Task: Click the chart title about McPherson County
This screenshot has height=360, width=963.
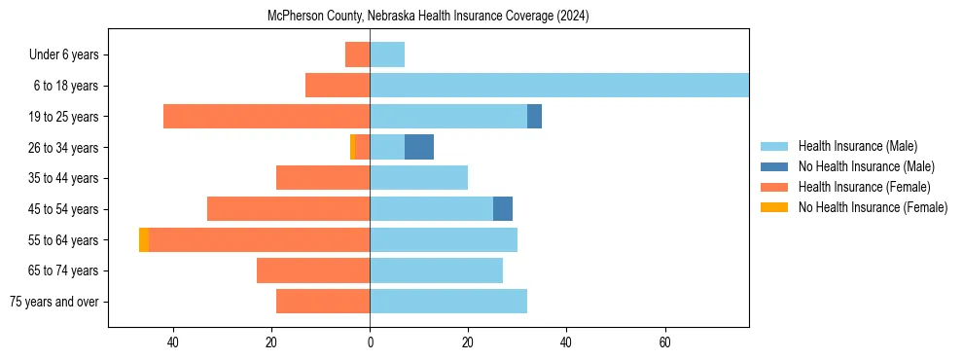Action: click(x=428, y=17)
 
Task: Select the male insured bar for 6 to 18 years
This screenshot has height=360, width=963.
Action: click(x=559, y=86)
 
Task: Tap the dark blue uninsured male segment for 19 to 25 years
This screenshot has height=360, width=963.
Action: click(x=534, y=117)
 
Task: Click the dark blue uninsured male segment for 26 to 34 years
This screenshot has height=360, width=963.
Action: click(x=419, y=147)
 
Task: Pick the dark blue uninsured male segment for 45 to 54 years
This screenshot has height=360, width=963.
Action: click(x=503, y=209)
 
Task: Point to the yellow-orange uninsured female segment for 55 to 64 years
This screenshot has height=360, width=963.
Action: click(x=144, y=240)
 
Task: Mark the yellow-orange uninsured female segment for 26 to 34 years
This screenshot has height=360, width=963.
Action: click(x=352, y=147)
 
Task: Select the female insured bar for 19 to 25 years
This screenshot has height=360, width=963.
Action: click(x=267, y=117)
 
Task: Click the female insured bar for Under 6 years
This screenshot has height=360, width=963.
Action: click(x=357, y=54)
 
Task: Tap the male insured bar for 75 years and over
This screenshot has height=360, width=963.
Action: click(x=448, y=302)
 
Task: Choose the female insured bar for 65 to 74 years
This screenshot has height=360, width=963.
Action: click(x=313, y=270)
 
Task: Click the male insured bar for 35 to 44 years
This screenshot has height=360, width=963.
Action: click(x=418, y=178)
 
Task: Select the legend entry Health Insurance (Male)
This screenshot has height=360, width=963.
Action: click(x=857, y=146)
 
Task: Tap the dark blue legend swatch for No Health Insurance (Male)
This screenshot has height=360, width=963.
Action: click(x=775, y=166)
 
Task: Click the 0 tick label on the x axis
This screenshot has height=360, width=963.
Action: click(x=370, y=342)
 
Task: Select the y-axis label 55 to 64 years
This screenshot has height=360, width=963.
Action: click(x=65, y=240)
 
